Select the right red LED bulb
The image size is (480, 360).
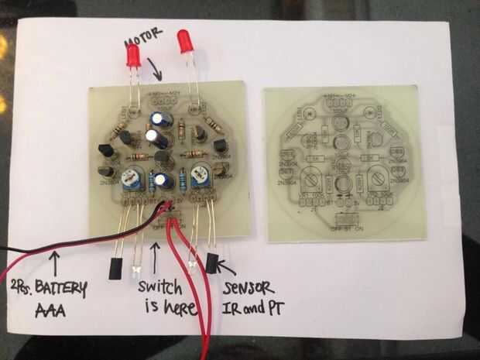186,40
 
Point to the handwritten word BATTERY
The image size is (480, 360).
55,289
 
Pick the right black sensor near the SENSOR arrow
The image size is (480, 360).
212,262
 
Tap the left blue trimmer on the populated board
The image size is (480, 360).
131,180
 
